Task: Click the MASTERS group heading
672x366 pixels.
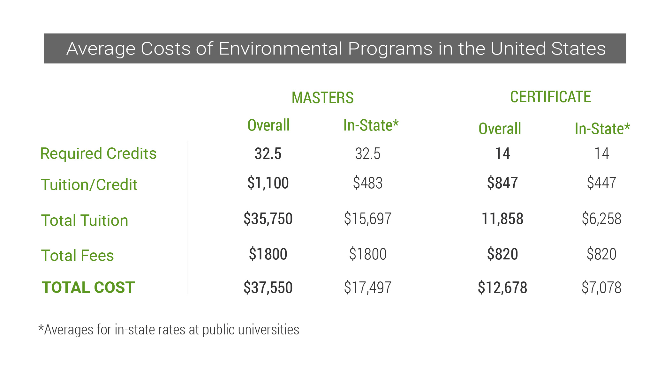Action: point(322,98)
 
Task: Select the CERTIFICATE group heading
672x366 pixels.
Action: point(550,97)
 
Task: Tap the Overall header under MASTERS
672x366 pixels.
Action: point(268,125)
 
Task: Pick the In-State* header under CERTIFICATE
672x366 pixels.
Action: point(602,129)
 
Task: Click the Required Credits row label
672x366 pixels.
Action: point(98,153)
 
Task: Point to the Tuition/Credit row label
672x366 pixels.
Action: point(89,185)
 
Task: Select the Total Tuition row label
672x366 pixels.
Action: point(85,220)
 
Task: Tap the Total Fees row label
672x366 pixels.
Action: point(78,255)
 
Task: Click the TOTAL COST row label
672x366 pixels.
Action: point(88,287)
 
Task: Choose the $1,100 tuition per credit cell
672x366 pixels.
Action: point(268,183)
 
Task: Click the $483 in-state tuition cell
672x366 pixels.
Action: point(367,183)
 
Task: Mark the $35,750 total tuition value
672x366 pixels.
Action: point(268,219)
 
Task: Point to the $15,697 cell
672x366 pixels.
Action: point(367,219)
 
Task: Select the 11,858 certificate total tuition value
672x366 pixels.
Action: point(502,219)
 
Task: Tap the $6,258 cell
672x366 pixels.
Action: point(601,219)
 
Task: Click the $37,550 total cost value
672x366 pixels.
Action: point(268,287)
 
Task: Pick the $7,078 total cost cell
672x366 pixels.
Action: point(601,287)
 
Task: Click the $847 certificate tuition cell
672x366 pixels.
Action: point(502,183)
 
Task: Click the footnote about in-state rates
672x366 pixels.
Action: point(169,330)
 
